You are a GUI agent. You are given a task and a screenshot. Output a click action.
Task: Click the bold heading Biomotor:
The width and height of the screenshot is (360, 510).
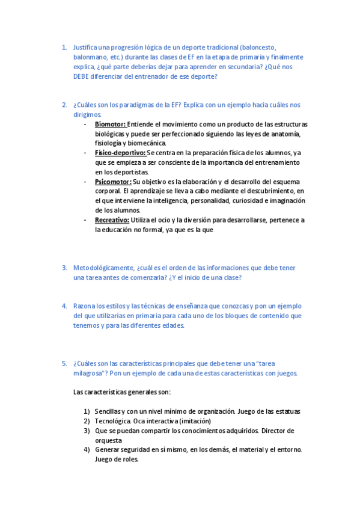tap(110, 124)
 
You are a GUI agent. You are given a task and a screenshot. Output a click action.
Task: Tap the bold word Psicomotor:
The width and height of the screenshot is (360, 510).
tap(113, 182)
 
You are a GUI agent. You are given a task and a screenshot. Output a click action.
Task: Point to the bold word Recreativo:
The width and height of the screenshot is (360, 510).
tap(112, 220)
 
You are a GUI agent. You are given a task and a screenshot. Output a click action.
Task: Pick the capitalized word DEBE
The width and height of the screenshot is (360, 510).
tap(82, 76)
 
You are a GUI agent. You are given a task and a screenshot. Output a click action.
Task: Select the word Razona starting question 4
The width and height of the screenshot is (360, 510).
tap(84, 306)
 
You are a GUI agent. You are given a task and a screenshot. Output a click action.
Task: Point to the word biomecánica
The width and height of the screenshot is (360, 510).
tap(146, 143)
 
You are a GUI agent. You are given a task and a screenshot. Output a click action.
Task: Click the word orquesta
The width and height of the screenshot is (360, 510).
tap(108, 440)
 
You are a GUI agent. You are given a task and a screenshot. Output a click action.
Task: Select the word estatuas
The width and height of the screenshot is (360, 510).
tap(285, 411)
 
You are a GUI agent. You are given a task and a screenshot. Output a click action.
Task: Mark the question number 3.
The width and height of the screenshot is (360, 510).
tap(64, 268)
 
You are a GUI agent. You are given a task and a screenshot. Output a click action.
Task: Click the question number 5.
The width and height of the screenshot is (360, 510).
tap(64, 363)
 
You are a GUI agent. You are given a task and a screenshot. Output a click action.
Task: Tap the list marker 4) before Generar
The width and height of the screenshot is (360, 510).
tap(87, 450)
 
